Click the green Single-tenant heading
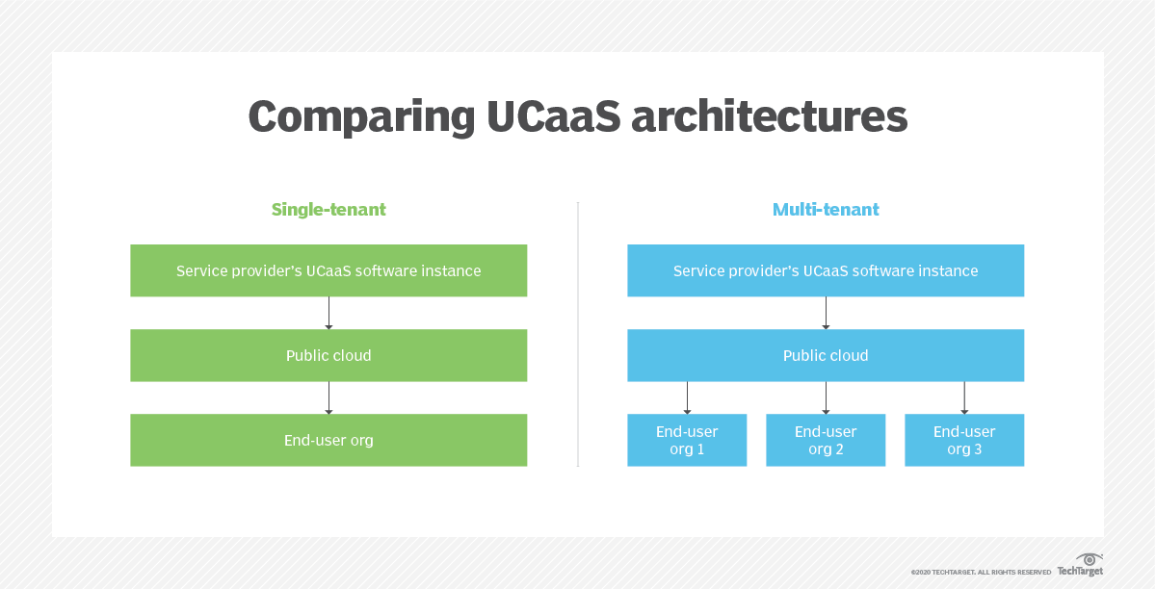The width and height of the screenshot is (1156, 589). tap(328, 209)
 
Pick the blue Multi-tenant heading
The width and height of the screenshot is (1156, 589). tap(826, 209)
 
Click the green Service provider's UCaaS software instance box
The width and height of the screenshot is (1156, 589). tap(328, 270)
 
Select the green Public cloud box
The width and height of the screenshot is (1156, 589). tap(328, 355)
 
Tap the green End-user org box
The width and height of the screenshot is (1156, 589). tap(328, 440)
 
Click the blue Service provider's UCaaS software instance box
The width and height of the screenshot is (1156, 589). tap(826, 270)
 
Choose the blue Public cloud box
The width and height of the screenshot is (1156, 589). tap(826, 355)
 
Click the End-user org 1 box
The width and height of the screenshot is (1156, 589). tap(687, 440)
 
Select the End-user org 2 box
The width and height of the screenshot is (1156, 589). tap(826, 440)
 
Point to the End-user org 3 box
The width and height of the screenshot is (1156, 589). tap(964, 440)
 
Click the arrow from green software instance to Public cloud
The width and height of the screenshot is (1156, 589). tap(328, 313)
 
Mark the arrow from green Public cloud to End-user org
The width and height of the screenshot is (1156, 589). tap(328, 397)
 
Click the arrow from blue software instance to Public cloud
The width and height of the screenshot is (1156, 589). tap(826, 313)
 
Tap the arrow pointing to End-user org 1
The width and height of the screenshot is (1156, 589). tap(687, 397)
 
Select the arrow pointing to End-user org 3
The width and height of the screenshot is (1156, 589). tap(964, 397)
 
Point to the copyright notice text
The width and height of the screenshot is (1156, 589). tap(981, 572)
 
